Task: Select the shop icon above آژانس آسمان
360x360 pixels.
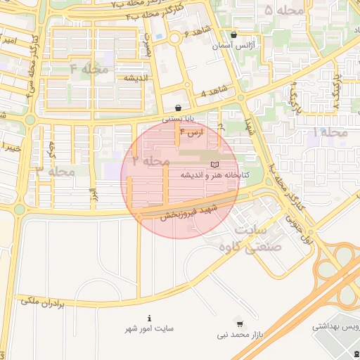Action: pos(233,34)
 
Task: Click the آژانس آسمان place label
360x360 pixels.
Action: pos(233,45)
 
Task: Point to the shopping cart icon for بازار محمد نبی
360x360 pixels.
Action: pos(240,324)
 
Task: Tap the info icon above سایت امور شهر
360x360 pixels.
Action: pos(149,319)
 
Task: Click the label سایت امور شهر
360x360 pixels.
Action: pos(149,329)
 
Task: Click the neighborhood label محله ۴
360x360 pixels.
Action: pos(87,68)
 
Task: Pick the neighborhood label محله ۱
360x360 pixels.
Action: pos(330,132)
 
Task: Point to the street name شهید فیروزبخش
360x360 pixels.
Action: pos(182,212)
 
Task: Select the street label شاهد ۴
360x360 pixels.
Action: pos(214,92)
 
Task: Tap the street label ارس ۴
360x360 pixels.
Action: pos(191,132)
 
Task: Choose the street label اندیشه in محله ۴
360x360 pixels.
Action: pos(134,77)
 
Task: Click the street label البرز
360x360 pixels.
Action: pos(91,191)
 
